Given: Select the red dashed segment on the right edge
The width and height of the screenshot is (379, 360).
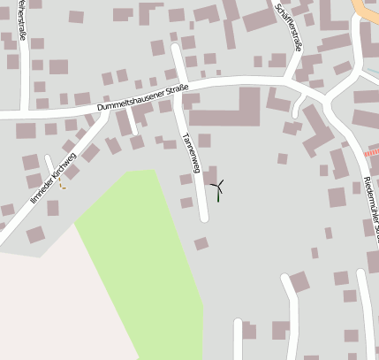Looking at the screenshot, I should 371,152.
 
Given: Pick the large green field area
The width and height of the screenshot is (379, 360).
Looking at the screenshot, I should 150,257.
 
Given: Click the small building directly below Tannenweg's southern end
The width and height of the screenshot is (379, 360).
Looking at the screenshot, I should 201,242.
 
